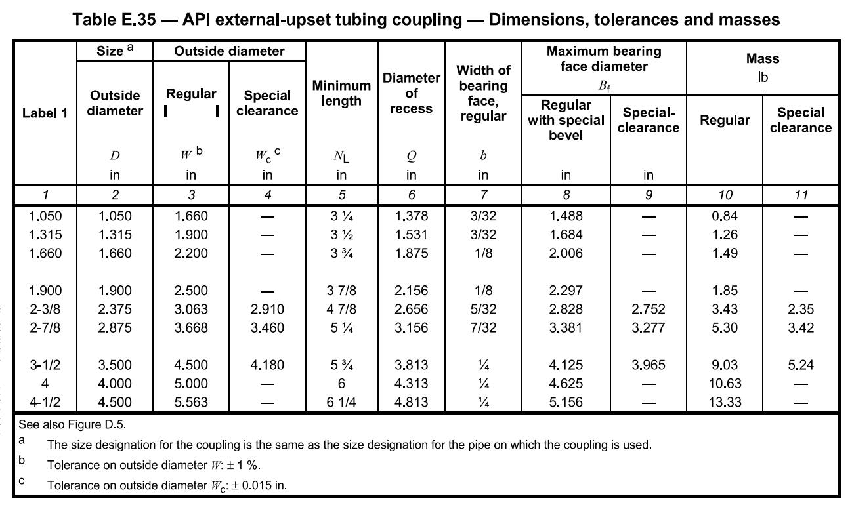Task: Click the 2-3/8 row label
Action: [45, 310]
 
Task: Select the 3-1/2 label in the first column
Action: [45, 365]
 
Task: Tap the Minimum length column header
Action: [341, 93]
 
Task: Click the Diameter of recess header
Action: [411, 93]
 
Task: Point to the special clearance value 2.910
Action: [267, 310]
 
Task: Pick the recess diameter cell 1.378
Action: [411, 216]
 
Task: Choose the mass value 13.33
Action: [724, 403]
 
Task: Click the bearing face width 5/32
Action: [483, 310]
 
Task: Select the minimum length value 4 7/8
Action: [341, 310]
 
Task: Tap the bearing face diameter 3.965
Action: [648, 365]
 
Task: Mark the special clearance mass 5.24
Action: [801, 365]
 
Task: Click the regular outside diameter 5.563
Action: [191, 403]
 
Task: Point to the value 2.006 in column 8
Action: [566, 254]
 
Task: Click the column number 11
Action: [801, 195]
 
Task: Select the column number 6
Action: [411, 195]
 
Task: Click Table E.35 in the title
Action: [114, 20]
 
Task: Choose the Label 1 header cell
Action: [45, 113]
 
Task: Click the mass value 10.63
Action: [724, 384]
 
